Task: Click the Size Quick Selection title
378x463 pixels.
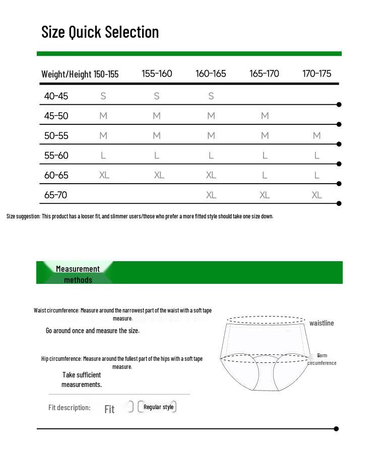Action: tap(100, 32)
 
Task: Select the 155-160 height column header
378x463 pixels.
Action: tap(157, 73)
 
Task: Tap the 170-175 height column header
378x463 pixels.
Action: tap(317, 73)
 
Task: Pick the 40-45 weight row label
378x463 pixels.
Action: tap(56, 96)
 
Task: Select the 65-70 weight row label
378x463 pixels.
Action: tap(56, 195)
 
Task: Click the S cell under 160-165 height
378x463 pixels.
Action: tap(211, 96)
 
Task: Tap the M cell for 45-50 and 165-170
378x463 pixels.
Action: tap(265, 116)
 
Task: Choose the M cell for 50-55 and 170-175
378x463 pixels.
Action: tap(317, 135)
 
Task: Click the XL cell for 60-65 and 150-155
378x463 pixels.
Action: tap(104, 175)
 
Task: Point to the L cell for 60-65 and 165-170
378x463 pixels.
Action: tap(265, 175)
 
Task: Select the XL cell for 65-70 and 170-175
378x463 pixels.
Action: tap(317, 195)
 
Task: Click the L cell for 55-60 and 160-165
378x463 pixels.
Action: tap(211, 156)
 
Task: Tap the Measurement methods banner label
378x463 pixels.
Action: tap(78, 274)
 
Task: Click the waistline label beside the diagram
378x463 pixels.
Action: tap(322, 323)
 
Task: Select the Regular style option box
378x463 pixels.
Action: tap(158, 407)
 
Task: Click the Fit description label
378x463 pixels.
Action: tap(70, 408)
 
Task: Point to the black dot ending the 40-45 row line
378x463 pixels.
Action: tap(339, 105)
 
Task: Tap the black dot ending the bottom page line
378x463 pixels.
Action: tap(336, 429)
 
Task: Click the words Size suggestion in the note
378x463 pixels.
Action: tap(23, 216)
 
